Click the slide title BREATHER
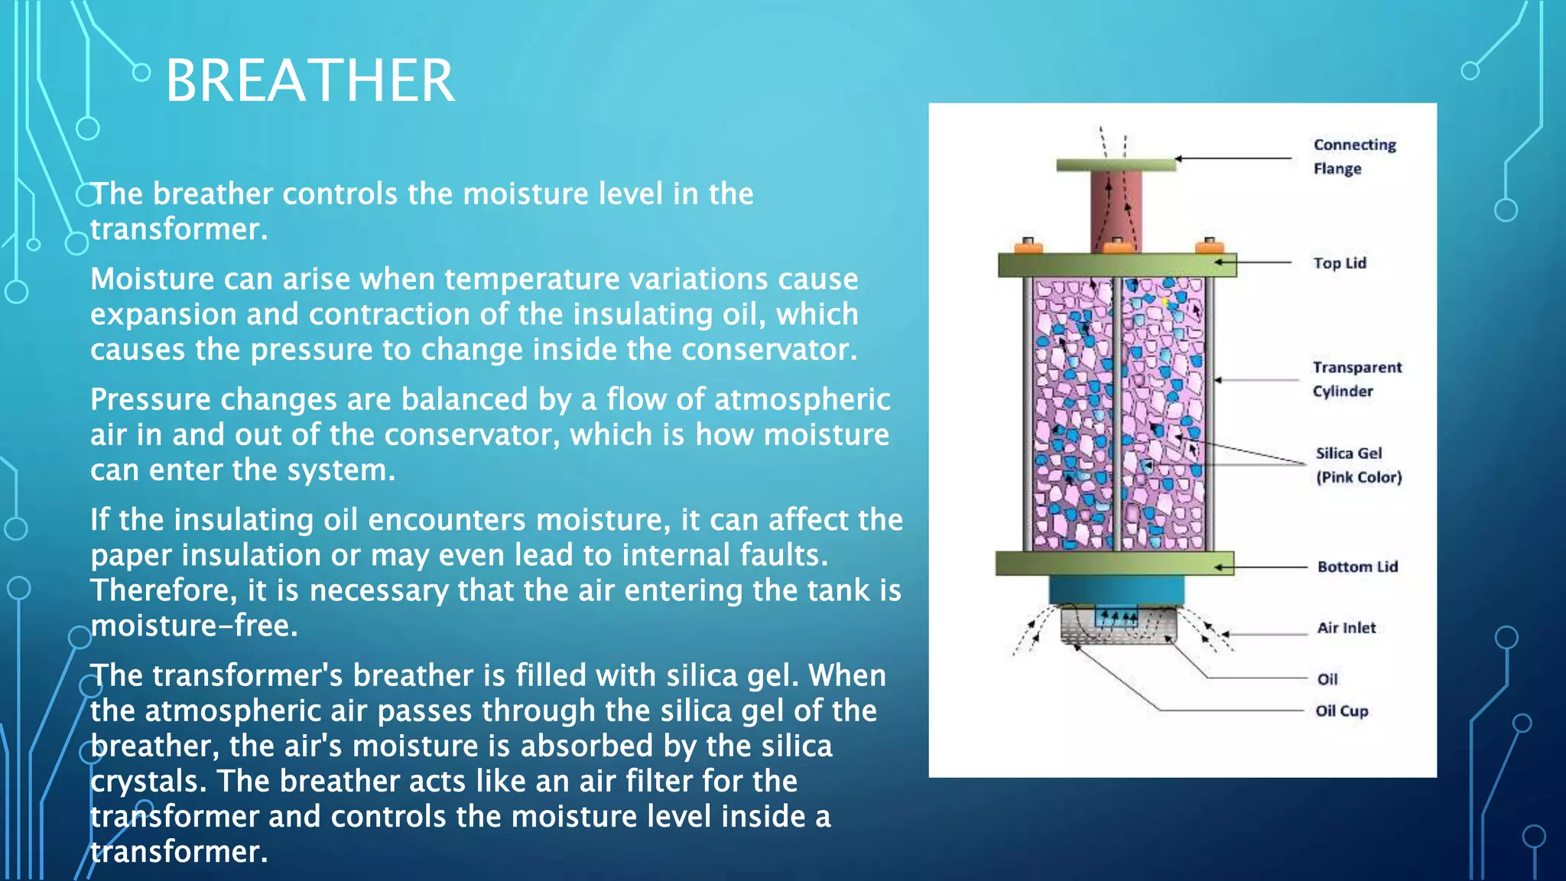click(310, 80)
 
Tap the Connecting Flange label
click(1353, 156)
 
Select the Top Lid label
click(1339, 263)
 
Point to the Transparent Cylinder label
click(1356, 379)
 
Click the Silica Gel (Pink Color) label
click(1358, 465)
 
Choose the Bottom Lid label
click(1357, 567)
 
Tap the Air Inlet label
click(1346, 628)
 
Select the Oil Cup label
click(1341, 711)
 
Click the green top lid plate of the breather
click(1116, 265)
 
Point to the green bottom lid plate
click(1114, 564)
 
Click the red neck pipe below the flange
click(1116, 210)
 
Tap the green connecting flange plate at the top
click(1116, 164)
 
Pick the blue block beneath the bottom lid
click(1116, 590)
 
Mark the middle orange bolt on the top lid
click(1117, 246)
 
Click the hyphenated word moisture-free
click(193, 626)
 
